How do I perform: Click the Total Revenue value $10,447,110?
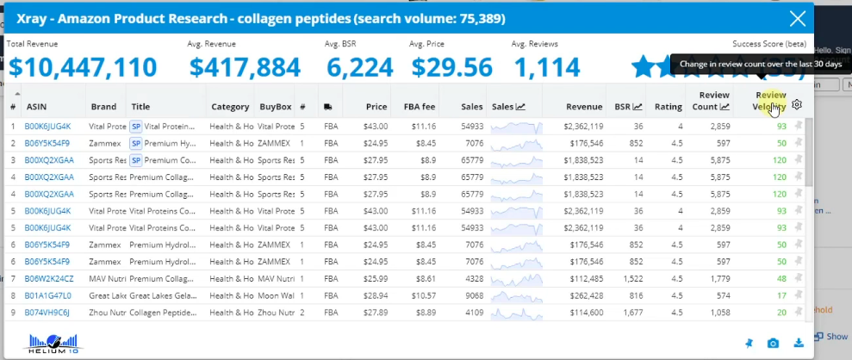83,67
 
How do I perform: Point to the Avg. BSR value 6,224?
351,67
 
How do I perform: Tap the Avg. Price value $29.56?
451,67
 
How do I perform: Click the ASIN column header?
37,107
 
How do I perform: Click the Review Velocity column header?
770,101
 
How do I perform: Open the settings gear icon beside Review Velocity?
798,105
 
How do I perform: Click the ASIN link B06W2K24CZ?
49,278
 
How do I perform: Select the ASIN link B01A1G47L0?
48,295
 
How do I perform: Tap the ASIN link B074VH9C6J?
48,312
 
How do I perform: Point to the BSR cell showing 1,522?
631,278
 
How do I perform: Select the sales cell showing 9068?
472,295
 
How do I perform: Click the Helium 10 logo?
54,343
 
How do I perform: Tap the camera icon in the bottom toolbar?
774,344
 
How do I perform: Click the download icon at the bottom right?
799,344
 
